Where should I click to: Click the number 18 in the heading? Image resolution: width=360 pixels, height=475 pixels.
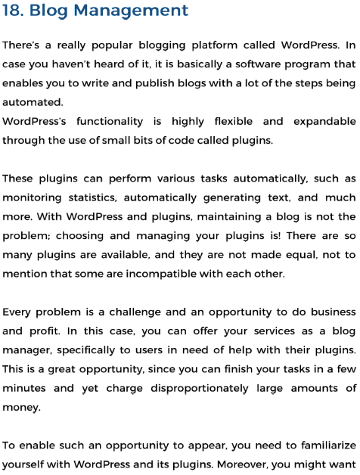click(12, 11)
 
